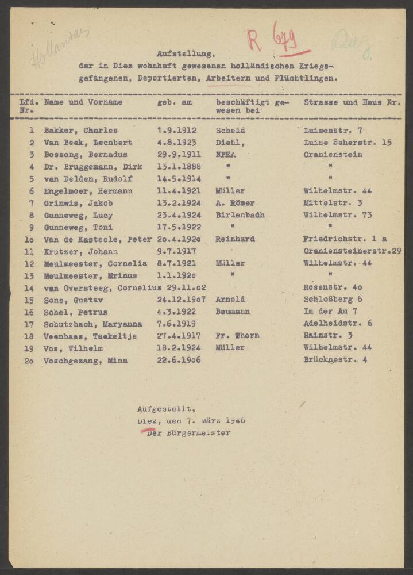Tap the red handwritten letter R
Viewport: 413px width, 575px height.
(254, 40)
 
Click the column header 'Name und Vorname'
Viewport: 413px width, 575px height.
(83, 102)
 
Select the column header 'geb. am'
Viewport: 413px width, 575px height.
(175, 102)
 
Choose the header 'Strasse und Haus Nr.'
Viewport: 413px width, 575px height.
(352, 102)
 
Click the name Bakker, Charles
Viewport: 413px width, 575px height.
(80, 131)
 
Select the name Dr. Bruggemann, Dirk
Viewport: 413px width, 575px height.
(92, 167)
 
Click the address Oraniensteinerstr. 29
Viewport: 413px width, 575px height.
(352, 251)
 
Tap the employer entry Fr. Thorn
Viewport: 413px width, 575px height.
(237, 336)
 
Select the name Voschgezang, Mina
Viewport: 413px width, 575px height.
(86, 361)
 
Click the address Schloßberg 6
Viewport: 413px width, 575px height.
(333, 300)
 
